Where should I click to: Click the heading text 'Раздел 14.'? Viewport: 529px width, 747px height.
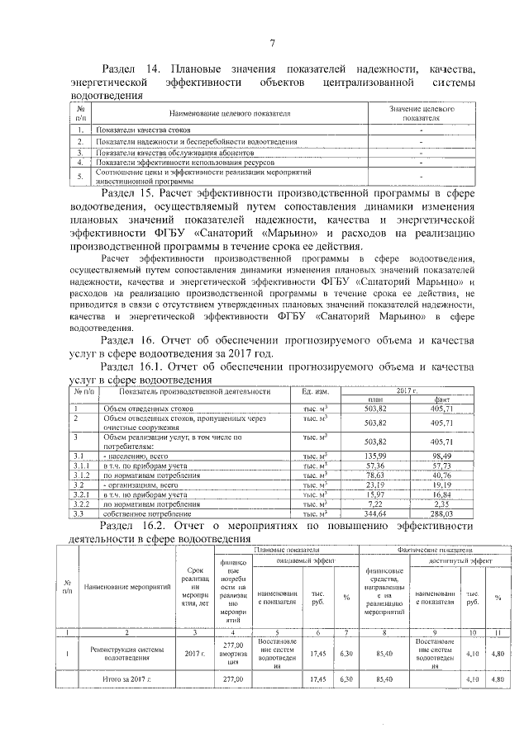click(x=131, y=69)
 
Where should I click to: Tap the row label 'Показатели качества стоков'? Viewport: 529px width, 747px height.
click(x=144, y=130)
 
